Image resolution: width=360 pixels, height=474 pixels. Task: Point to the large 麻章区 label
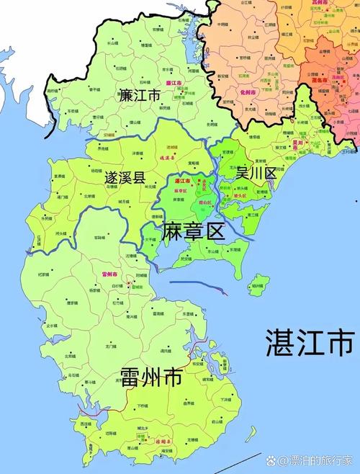(x=194, y=231)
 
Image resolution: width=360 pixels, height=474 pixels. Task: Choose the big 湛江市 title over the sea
(x=310, y=342)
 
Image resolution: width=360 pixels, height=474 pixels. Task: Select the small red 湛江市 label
(x=184, y=182)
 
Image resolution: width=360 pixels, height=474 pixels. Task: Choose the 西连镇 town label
(x=86, y=424)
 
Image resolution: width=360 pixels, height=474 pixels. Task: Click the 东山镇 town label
(x=213, y=252)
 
